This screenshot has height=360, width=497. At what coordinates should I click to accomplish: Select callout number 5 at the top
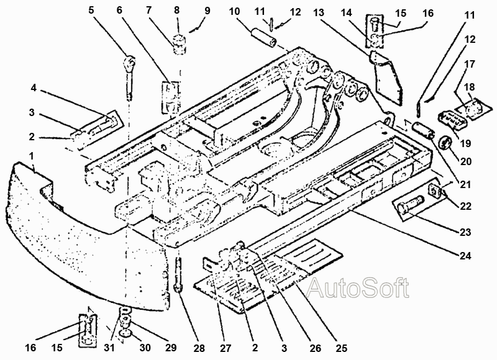click(x=91, y=11)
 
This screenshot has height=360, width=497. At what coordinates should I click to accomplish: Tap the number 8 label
click(x=177, y=11)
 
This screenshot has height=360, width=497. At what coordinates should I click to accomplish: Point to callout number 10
click(x=235, y=12)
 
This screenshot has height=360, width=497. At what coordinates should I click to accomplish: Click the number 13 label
click(x=319, y=12)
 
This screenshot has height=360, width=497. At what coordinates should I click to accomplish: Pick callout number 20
click(x=465, y=161)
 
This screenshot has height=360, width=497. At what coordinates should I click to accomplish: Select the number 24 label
click(x=465, y=255)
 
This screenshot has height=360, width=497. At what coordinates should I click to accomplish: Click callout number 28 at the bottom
click(x=199, y=348)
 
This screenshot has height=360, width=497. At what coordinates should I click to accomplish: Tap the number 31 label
click(x=109, y=348)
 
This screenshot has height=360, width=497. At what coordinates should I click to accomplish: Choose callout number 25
click(x=341, y=348)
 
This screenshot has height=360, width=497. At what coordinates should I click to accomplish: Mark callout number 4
click(x=34, y=88)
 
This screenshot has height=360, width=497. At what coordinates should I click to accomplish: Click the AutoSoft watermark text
click(x=358, y=287)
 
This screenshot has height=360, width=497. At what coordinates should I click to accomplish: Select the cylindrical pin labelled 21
click(x=423, y=130)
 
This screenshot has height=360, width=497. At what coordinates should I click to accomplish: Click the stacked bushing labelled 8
click(x=180, y=45)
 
